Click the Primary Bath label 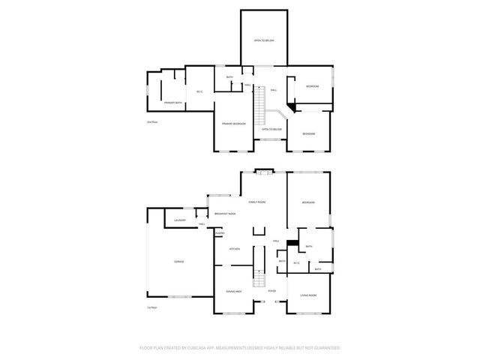click(x=173, y=103)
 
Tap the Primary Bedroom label click(x=233, y=123)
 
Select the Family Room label click(x=257, y=202)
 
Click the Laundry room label click(x=179, y=220)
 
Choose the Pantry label click(x=220, y=233)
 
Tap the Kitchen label click(x=234, y=249)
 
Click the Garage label click(x=179, y=262)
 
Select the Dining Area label click(x=233, y=291)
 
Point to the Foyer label click(x=272, y=291)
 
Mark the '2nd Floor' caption click(x=152, y=121)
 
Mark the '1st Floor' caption click(x=152, y=307)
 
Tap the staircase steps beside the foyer click(x=258, y=277)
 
